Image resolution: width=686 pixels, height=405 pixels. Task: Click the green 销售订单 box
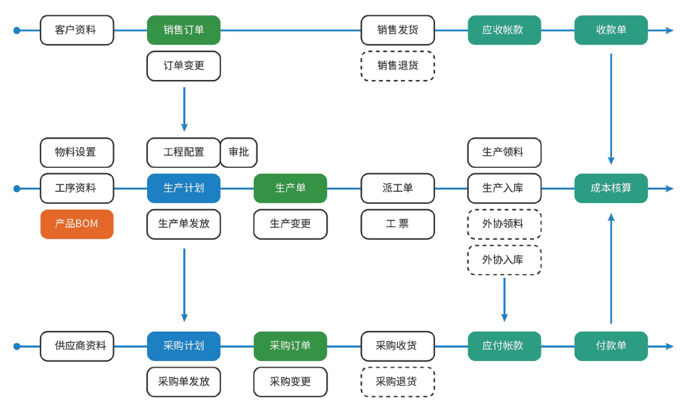[x=183, y=30]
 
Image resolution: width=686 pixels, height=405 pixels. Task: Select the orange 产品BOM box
[x=77, y=224]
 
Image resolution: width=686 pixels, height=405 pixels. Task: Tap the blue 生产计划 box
[x=183, y=188]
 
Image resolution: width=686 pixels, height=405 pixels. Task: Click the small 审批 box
[x=238, y=152]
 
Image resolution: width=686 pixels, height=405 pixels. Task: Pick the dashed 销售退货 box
[x=398, y=65]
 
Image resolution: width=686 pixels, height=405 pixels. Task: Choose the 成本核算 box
[x=611, y=188]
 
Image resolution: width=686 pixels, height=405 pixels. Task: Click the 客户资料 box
[x=77, y=30]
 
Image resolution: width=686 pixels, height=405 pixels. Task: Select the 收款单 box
[x=611, y=30]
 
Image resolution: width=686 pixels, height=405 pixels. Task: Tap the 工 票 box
[x=398, y=224]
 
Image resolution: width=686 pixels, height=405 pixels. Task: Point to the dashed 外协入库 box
[x=504, y=260]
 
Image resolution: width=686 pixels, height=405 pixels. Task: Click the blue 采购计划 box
[x=183, y=346]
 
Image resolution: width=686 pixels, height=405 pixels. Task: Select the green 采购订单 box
[x=290, y=346]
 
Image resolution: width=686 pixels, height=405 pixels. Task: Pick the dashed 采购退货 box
[x=398, y=382]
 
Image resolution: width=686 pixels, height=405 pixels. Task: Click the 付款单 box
[x=611, y=346]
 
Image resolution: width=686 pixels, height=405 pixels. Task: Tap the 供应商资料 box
[x=77, y=346]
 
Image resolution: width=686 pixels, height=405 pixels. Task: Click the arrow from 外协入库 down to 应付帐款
[x=504, y=300]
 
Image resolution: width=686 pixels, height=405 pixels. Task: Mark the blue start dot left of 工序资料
[x=17, y=189]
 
